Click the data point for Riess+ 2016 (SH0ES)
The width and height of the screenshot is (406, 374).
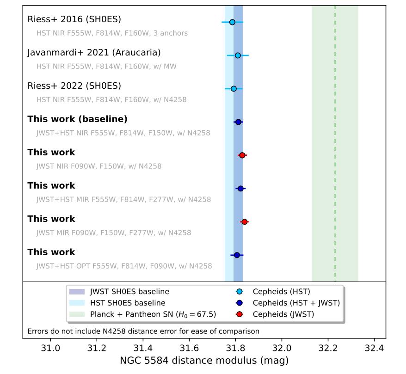[x=232, y=22]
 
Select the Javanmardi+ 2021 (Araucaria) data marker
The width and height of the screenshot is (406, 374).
[x=238, y=55]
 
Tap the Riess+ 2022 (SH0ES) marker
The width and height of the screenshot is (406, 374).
[x=234, y=89]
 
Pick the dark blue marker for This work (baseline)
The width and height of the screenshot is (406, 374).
[x=238, y=122]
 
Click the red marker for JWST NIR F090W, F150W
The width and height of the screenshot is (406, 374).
[x=242, y=155]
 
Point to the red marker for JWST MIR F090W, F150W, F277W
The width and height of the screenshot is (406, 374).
[x=244, y=222]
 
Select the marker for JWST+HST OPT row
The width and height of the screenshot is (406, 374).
[x=237, y=255]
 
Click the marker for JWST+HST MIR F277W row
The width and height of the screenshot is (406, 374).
[x=240, y=189]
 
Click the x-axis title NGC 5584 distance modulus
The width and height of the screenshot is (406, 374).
[x=204, y=361]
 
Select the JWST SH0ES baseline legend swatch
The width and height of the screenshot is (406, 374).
[x=77, y=292]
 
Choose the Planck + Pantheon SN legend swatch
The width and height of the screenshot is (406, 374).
[x=77, y=314]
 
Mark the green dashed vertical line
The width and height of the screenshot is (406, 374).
[x=335, y=139]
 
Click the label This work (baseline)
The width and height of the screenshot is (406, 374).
[x=77, y=119]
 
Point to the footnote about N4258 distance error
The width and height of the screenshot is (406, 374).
[x=143, y=331]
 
